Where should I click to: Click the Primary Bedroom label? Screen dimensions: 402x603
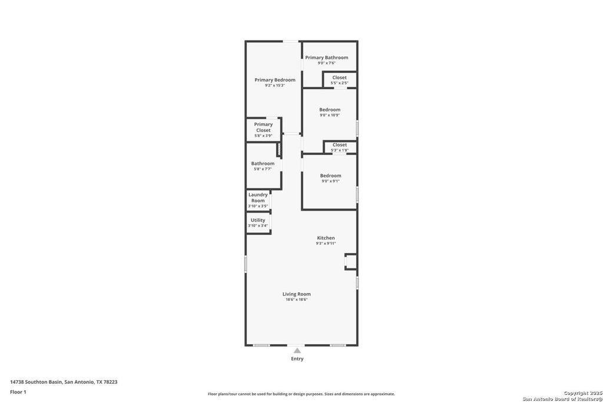(x=275, y=80)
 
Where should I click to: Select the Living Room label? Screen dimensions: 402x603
(x=296, y=294)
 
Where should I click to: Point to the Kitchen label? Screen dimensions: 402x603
(x=326, y=238)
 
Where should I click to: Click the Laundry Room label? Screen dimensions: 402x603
(x=258, y=198)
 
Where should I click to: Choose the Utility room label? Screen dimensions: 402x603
(x=258, y=220)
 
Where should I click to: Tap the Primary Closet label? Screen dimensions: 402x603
(x=263, y=127)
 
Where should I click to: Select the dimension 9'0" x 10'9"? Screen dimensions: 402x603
(x=330, y=115)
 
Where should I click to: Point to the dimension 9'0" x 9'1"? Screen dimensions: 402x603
(x=330, y=181)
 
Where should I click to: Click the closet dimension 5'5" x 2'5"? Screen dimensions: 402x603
(x=339, y=83)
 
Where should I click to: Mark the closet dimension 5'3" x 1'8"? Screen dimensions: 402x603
(x=340, y=150)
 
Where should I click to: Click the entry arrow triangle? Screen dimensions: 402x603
(x=297, y=350)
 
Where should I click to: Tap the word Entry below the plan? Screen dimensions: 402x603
(x=297, y=358)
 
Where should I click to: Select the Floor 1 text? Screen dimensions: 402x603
(x=18, y=391)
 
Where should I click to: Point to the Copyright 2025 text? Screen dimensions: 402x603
(x=579, y=393)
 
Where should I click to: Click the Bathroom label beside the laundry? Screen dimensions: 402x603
(x=263, y=164)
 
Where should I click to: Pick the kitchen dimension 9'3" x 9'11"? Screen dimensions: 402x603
(x=326, y=243)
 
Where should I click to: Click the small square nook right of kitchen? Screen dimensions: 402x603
(x=351, y=261)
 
